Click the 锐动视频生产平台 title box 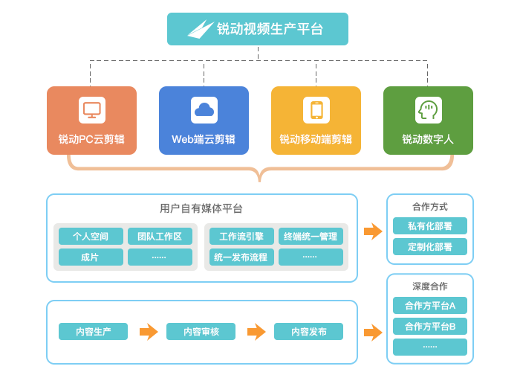point(257,29)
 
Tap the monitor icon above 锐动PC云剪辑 point(92,110)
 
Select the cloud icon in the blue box point(204,110)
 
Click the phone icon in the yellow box point(316,110)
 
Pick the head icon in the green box point(428,110)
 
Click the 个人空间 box point(91,237)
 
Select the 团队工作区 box point(160,237)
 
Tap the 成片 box point(91,257)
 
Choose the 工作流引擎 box point(241,237)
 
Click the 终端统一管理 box point(311,237)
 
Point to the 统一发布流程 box point(241,257)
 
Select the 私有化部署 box point(430,225)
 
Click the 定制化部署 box point(430,246)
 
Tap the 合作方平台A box point(430,306)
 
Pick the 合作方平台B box point(430,326)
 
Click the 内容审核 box point(201,332)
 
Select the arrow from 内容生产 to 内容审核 point(149,332)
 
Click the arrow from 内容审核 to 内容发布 point(256,332)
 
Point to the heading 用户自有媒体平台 point(201,208)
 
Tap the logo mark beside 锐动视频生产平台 point(200,29)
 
